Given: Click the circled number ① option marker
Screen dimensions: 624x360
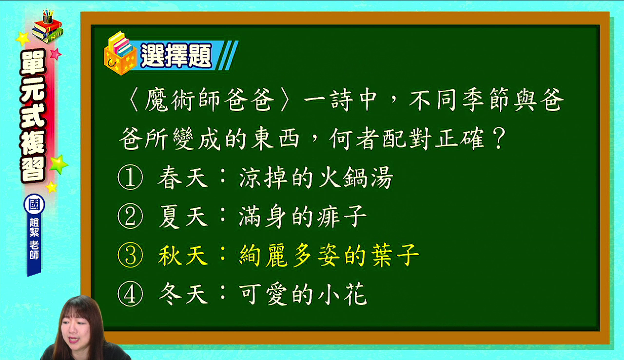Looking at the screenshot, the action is point(130,178).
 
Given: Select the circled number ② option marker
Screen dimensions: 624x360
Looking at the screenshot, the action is point(130,217).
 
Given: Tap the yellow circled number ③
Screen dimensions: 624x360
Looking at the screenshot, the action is point(130,256).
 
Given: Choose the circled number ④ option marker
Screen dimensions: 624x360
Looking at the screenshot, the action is point(130,295).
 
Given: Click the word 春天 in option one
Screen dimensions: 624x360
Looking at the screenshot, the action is point(183,178).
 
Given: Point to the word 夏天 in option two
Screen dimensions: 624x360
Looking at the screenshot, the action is point(183,217).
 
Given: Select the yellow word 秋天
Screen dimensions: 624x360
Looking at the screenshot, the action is point(183,256).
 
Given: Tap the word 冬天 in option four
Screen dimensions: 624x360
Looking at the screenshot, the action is point(183,295).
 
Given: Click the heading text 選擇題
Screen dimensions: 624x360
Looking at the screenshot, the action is point(176,56).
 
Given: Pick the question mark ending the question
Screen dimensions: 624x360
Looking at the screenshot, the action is point(499,138).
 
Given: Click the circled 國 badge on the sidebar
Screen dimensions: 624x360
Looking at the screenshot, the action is point(34,204).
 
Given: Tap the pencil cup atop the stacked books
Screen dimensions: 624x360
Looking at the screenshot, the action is point(48,17).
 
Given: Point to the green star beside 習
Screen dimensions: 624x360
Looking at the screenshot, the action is point(59,164).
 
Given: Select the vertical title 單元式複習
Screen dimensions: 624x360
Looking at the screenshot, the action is point(33,115).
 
